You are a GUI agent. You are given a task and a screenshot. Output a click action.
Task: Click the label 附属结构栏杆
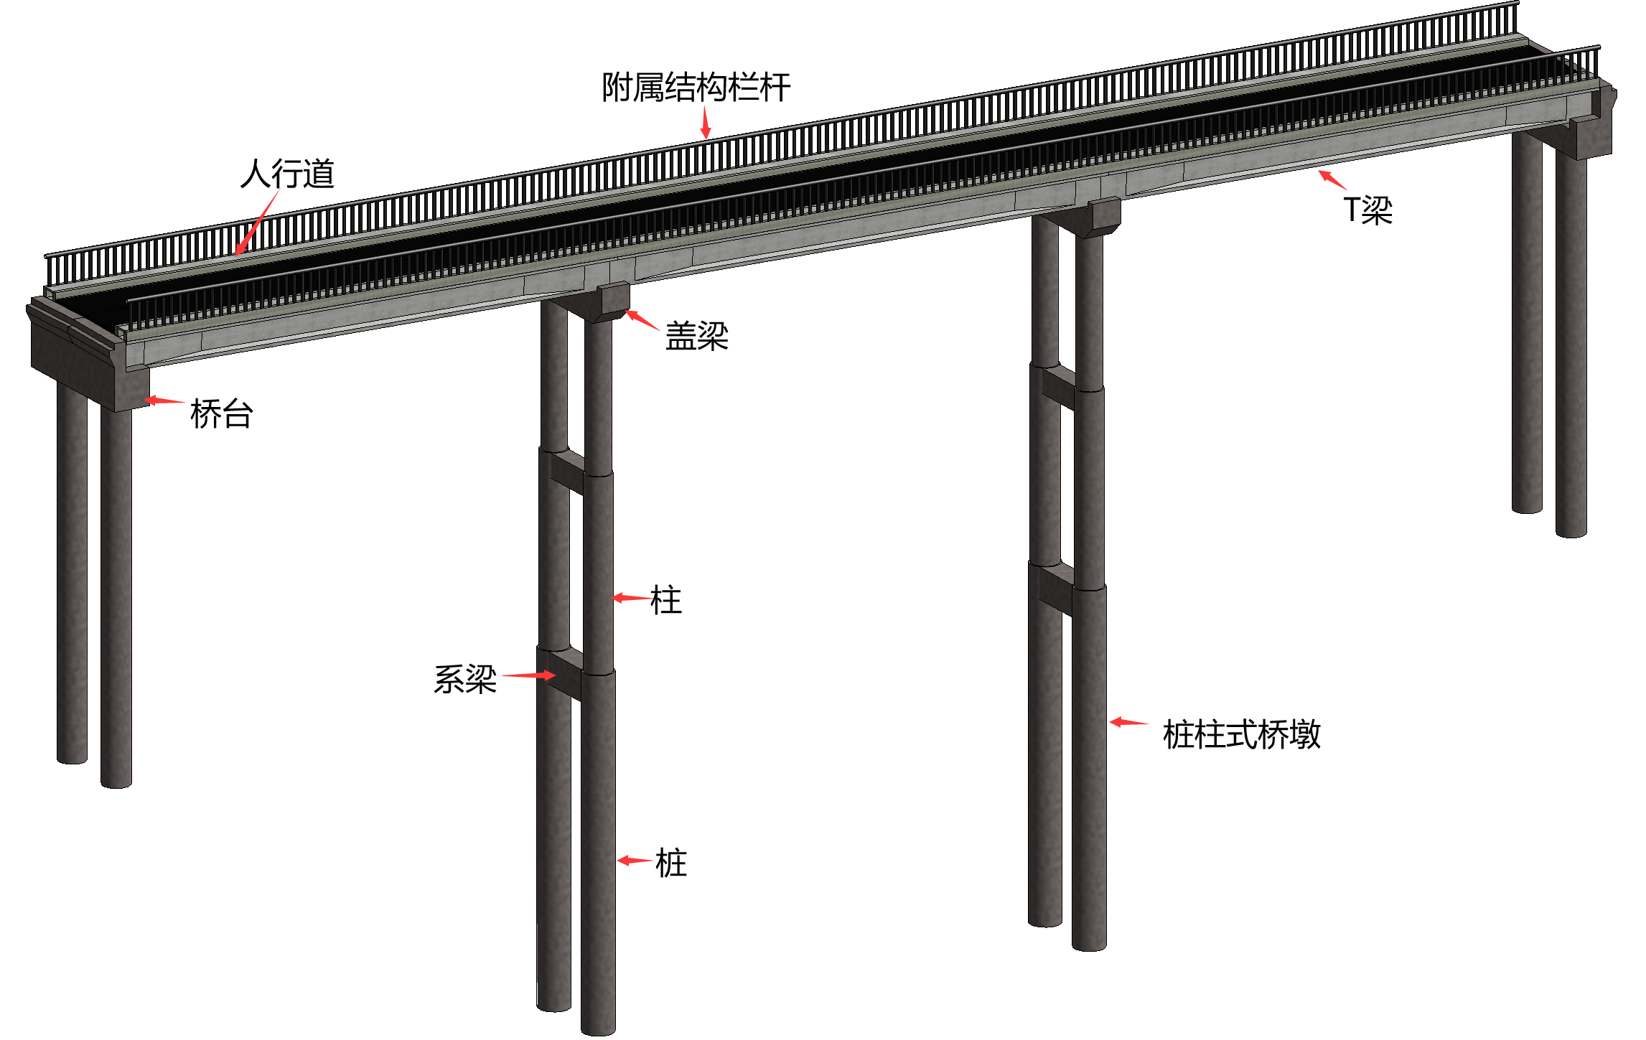click(696, 88)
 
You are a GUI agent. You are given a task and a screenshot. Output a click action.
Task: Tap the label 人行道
click(287, 174)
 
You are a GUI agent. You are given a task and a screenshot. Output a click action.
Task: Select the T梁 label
click(1367, 210)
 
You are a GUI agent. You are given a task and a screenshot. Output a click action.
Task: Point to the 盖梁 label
click(696, 336)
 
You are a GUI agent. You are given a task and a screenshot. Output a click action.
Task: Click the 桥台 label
click(221, 414)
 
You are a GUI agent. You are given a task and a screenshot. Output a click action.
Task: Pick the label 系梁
click(465, 679)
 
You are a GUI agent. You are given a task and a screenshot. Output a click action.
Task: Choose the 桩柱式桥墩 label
click(1241, 735)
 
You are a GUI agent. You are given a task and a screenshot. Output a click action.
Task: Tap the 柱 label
click(665, 600)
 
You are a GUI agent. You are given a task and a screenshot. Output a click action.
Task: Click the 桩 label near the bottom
click(671, 863)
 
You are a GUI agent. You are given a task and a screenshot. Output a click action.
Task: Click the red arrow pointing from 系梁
click(528, 675)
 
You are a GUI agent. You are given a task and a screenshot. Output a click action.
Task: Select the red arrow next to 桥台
click(165, 400)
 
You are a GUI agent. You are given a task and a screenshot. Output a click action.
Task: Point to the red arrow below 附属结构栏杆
click(706, 122)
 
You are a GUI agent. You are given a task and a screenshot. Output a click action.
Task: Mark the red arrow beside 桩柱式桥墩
click(1128, 722)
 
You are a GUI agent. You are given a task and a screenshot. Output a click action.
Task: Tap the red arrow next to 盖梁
click(642, 320)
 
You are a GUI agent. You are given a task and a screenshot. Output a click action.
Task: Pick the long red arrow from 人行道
click(257, 222)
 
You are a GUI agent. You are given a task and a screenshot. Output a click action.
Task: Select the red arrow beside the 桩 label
click(635, 860)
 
